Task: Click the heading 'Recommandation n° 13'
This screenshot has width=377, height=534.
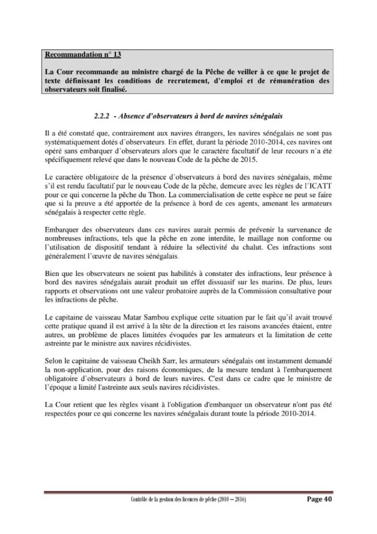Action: click(x=83, y=54)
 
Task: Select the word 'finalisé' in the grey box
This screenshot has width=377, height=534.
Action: click(x=114, y=89)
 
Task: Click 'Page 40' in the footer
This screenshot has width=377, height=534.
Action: click(x=318, y=499)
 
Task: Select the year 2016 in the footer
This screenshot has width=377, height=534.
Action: click(x=237, y=499)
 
